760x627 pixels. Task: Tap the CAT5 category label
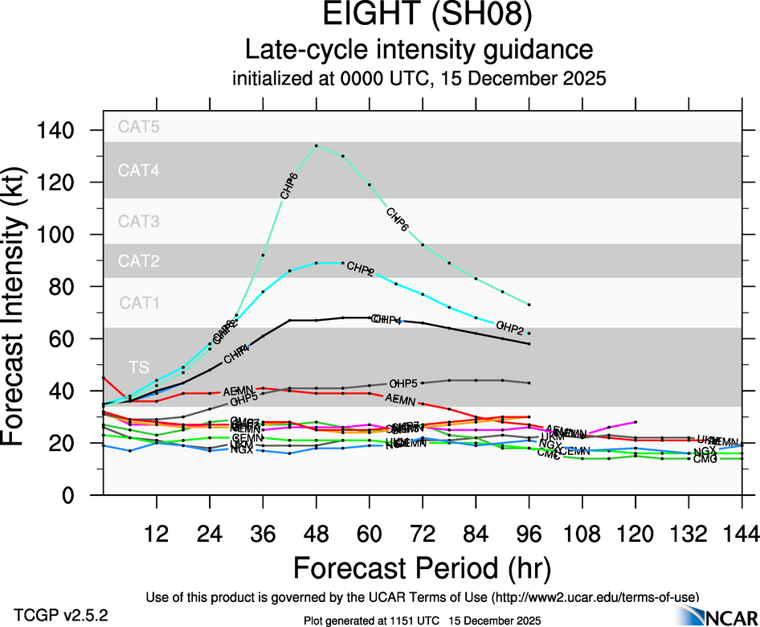click(x=139, y=126)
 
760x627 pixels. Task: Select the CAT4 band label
click(x=139, y=170)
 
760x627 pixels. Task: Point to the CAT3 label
click(x=139, y=221)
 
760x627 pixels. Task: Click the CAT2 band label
click(x=139, y=261)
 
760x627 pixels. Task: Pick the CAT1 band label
click(x=139, y=303)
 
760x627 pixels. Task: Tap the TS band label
click(x=139, y=367)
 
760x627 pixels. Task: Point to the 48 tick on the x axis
click(x=317, y=533)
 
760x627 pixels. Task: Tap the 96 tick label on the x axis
click(x=529, y=533)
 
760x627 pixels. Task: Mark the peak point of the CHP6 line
click(x=317, y=145)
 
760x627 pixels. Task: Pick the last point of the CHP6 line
click(x=529, y=305)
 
